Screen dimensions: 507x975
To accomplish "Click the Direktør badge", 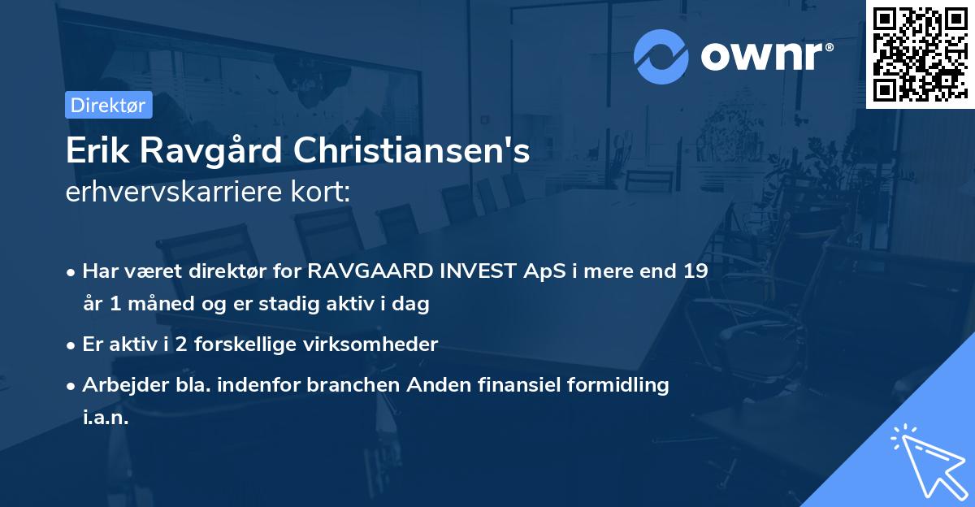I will (108, 105).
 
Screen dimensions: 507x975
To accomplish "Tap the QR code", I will (920, 54).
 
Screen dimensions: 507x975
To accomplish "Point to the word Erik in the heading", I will (93, 151).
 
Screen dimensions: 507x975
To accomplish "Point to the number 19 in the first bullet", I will (695, 271).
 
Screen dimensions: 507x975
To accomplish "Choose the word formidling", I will (622, 386).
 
